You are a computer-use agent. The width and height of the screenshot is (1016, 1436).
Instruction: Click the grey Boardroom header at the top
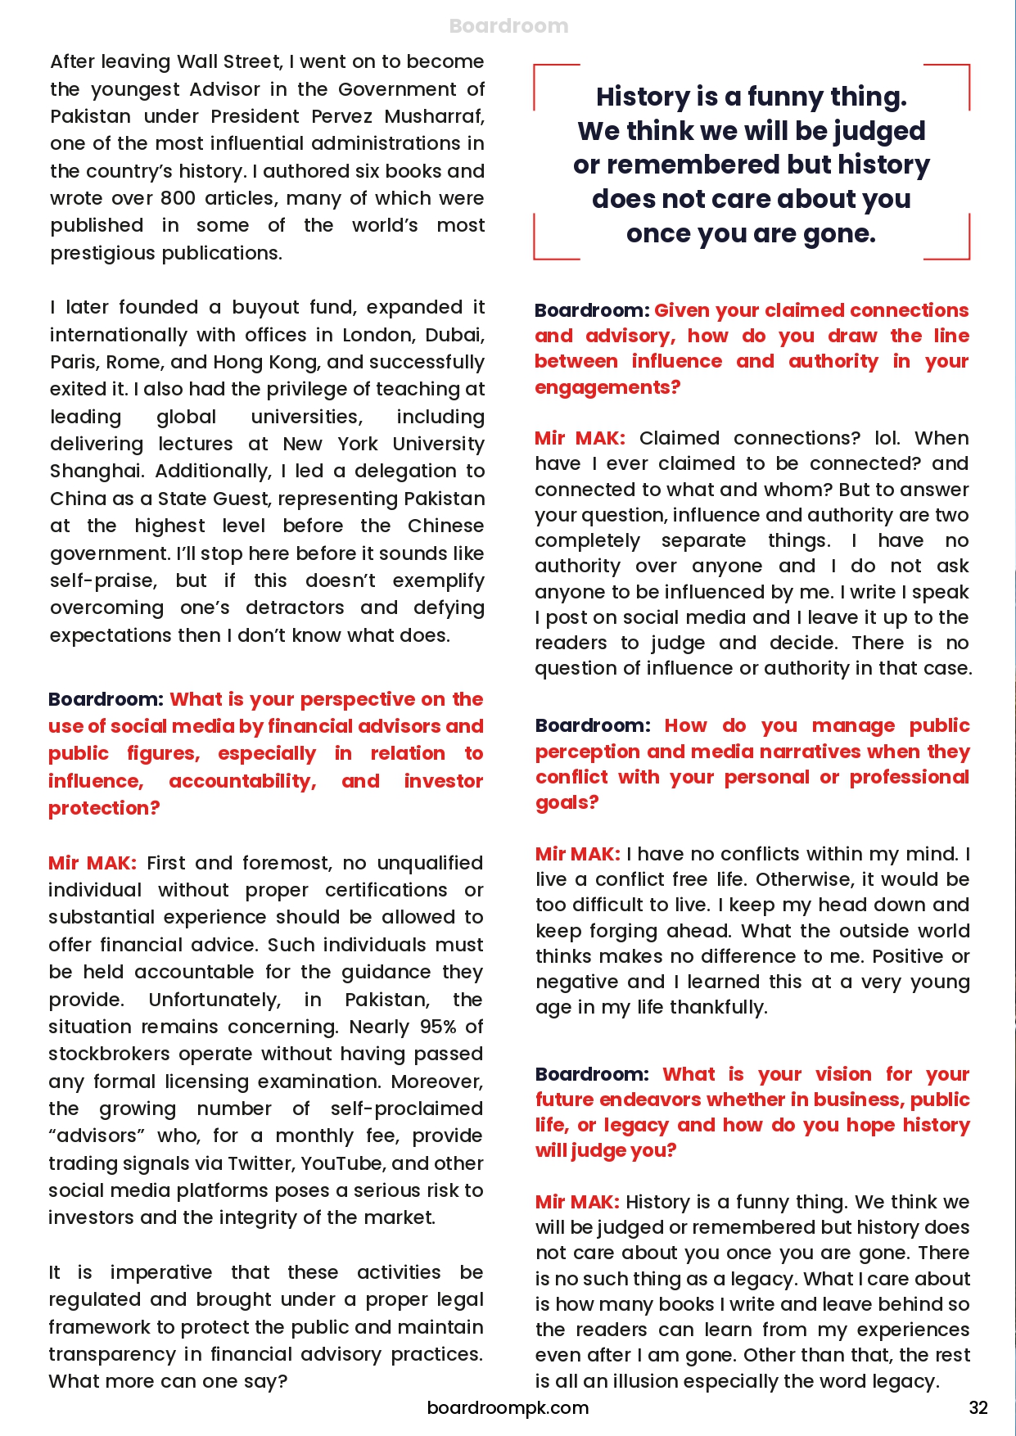click(508, 26)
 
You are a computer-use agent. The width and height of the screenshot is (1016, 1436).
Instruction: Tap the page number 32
click(978, 1407)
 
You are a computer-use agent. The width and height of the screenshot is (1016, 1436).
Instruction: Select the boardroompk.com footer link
click(508, 1407)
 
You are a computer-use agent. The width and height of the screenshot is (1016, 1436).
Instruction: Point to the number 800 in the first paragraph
click(178, 198)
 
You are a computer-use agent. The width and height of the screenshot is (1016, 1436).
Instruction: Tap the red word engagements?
click(607, 387)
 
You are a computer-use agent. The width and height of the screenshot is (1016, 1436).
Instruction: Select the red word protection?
click(104, 808)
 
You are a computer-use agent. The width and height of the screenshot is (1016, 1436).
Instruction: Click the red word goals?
click(567, 802)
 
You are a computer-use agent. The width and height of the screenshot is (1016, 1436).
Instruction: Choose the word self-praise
click(103, 580)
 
